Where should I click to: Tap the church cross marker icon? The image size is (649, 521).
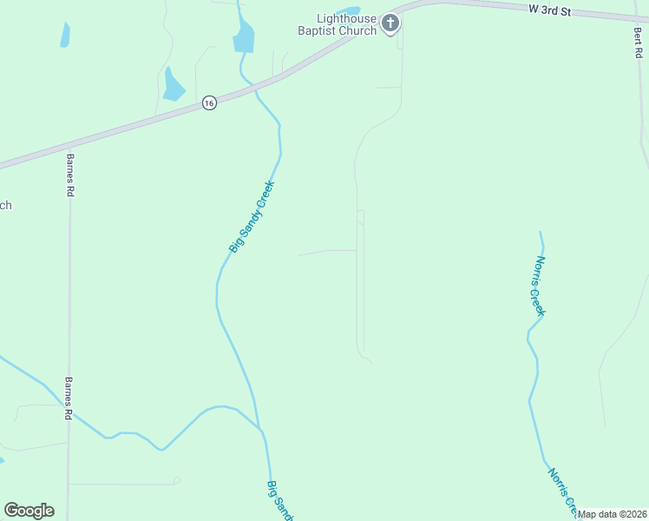391,23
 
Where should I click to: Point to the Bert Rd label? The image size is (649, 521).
638,42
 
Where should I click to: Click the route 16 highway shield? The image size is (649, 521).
209,102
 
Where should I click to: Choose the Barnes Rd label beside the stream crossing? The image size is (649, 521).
67,398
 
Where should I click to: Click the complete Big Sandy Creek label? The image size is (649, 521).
252,217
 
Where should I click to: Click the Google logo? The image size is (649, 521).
29,510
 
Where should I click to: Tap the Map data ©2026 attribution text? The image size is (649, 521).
612,514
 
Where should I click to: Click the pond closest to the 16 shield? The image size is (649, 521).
174,84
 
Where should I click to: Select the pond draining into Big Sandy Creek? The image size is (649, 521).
244,37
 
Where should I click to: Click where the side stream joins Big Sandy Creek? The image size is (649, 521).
260,428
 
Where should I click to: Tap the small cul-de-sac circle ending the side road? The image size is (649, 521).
176,480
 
